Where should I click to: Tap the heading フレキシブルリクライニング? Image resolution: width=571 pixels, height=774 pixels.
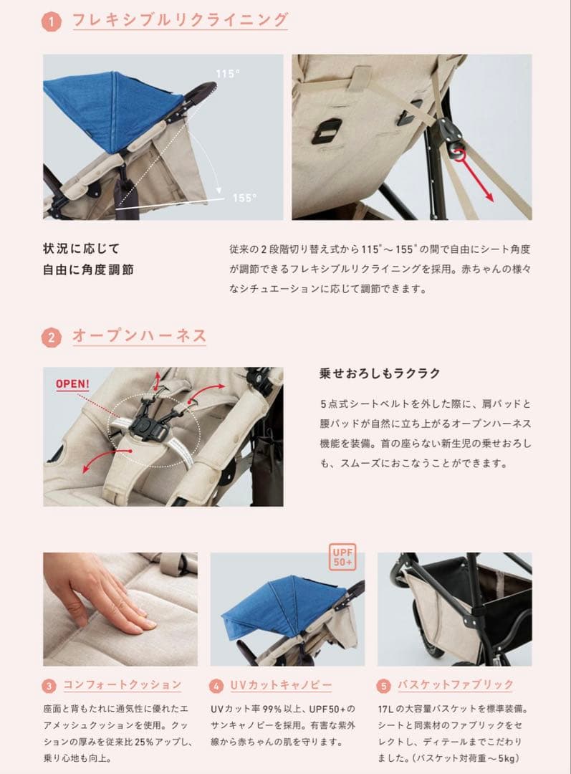(180, 19)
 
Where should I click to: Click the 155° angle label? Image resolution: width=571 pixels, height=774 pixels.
(244, 198)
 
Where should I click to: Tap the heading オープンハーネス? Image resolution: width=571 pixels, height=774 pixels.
(140, 335)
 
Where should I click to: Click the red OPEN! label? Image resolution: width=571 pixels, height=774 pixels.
(73, 384)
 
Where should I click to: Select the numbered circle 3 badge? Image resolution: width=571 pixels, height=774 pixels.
(49, 686)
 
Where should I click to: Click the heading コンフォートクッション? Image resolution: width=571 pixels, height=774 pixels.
(123, 685)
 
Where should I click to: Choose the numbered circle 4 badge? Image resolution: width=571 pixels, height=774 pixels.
(216, 686)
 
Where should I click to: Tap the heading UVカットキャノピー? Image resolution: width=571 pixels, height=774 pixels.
(281, 685)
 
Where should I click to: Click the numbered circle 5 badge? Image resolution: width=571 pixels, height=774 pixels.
(384, 686)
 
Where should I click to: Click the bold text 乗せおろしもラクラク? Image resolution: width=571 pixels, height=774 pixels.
(380, 373)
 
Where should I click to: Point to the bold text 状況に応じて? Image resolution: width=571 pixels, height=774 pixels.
(81, 249)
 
